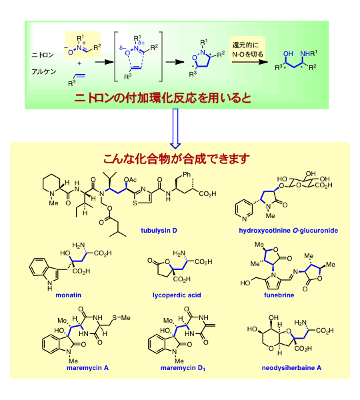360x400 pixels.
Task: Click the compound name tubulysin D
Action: tap(159, 231)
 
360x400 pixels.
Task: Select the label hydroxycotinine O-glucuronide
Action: tap(288, 231)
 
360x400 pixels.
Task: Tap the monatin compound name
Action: tap(69, 295)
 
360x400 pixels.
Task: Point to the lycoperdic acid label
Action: tap(177, 295)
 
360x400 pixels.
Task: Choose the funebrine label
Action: tap(279, 295)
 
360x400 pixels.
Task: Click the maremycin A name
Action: tap(87, 368)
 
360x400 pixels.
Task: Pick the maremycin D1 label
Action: tap(183, 368)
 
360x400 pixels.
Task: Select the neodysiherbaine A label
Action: tap(291, 368)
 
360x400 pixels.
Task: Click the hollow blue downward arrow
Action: tap(175, 129)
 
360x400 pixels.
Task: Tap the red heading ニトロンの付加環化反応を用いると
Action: tap(163, 98)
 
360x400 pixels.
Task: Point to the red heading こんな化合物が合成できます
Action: tap(176, 159)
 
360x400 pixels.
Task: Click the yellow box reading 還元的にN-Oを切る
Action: tap(247, 50)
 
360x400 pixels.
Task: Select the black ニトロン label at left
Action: tap(43, 55)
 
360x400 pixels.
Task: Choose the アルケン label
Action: tap(44, 72)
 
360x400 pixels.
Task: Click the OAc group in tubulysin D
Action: tap(130, 180)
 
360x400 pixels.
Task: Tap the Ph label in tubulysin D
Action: tap(187, 175)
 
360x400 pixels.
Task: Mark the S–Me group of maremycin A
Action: tap(121, 317)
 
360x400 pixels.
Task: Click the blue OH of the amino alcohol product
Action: tap(288, 53)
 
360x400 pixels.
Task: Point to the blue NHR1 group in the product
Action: tap(309, 53)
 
